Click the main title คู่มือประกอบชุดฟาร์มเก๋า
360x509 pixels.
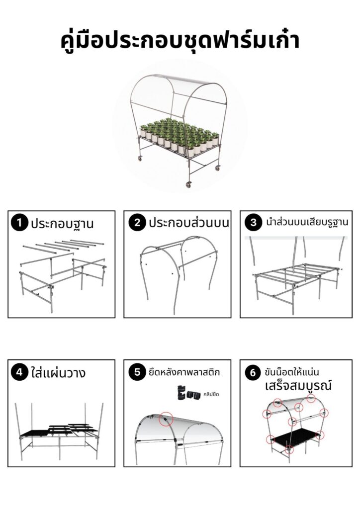180,41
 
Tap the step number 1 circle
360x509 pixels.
19,223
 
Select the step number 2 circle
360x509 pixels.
137,223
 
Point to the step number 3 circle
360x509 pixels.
253,222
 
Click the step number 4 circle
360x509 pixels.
19,372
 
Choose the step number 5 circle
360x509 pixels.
137,372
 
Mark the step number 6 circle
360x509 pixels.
253,372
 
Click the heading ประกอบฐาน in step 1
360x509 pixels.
62,224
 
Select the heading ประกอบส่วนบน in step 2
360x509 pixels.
188,223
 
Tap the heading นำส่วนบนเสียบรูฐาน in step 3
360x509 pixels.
307,222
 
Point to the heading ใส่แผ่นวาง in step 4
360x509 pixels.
59,372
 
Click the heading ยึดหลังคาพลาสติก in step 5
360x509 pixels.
184,372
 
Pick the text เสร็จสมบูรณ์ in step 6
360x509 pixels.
298,386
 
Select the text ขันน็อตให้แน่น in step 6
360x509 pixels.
292,372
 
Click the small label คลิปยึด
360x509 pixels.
211,394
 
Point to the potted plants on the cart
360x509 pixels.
179,136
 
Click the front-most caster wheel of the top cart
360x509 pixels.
188,184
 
